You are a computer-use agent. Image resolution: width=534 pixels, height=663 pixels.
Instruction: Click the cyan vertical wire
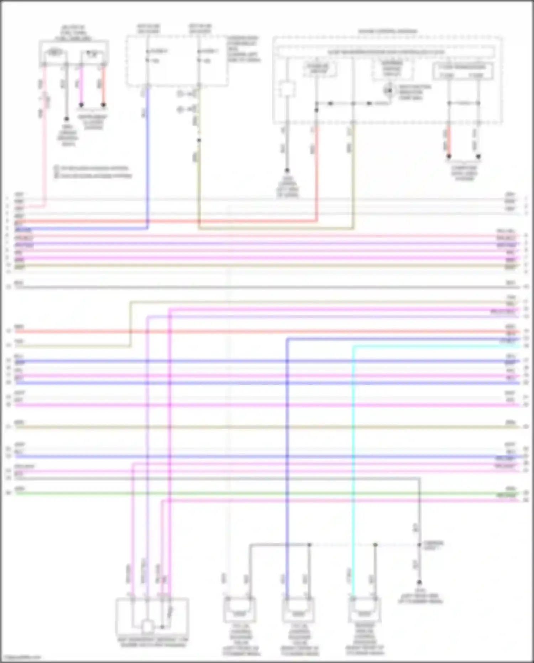click(x=354, y=463)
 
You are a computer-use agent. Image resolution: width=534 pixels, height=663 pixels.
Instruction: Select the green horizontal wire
click(x=249, y=493)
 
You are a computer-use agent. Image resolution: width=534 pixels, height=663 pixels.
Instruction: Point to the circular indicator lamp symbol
click(x=389, y=90)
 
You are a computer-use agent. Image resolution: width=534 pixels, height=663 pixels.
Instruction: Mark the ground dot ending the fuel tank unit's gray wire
click(x=66, y=119)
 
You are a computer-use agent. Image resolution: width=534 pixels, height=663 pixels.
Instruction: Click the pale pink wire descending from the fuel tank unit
click(x=45, y=135)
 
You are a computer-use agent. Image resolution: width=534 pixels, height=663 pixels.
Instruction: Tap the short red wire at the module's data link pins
click(x=449, y=143)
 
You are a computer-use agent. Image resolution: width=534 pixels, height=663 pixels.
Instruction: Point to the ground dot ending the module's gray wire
click(x=287, y=170)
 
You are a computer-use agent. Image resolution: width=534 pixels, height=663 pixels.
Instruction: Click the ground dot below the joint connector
click(x=419, y=582)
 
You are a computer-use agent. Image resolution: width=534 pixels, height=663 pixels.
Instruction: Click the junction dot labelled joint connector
click(x=419, y=545)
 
